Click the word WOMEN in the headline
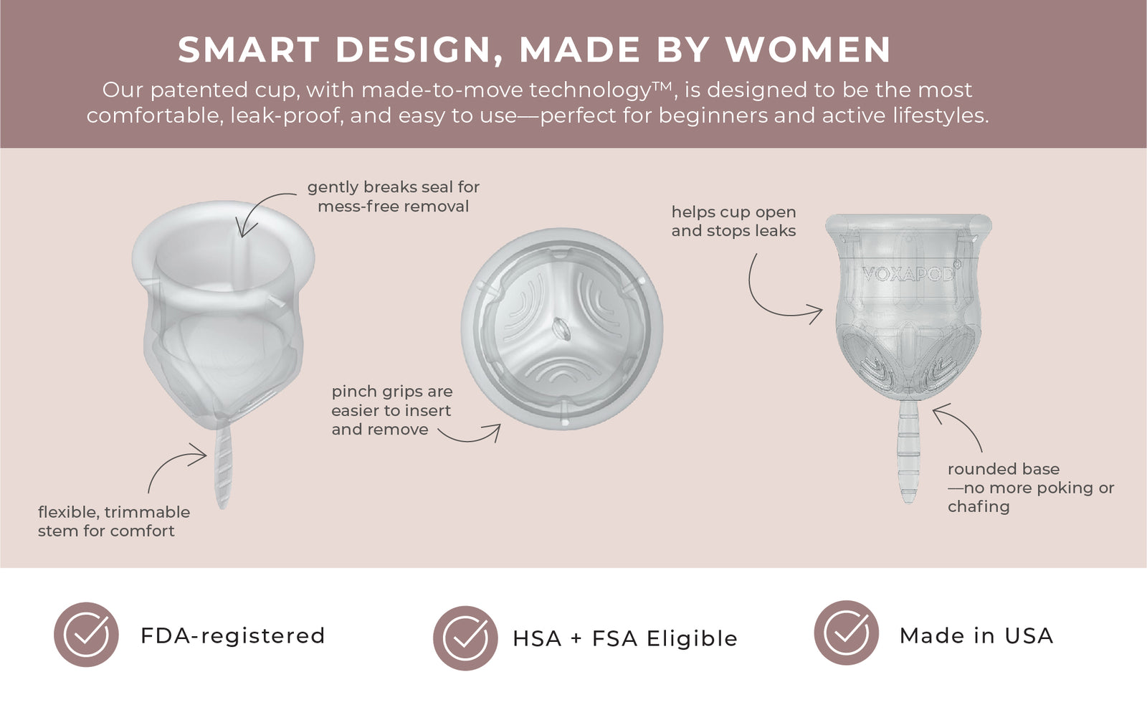[809, 49]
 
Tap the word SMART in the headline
[249, 49]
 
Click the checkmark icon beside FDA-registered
[87, 635]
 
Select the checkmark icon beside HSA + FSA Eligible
[465, 638]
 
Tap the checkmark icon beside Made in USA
[847, 633]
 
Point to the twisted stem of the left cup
[223, 466]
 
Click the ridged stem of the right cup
[908, 452]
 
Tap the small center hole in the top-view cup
[561, 328]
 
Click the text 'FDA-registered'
[233, 635]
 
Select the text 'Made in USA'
[976, 635]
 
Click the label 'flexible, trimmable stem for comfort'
[114, 521]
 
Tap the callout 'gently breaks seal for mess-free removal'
[394, 197]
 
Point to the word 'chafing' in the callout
[979, 507]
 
